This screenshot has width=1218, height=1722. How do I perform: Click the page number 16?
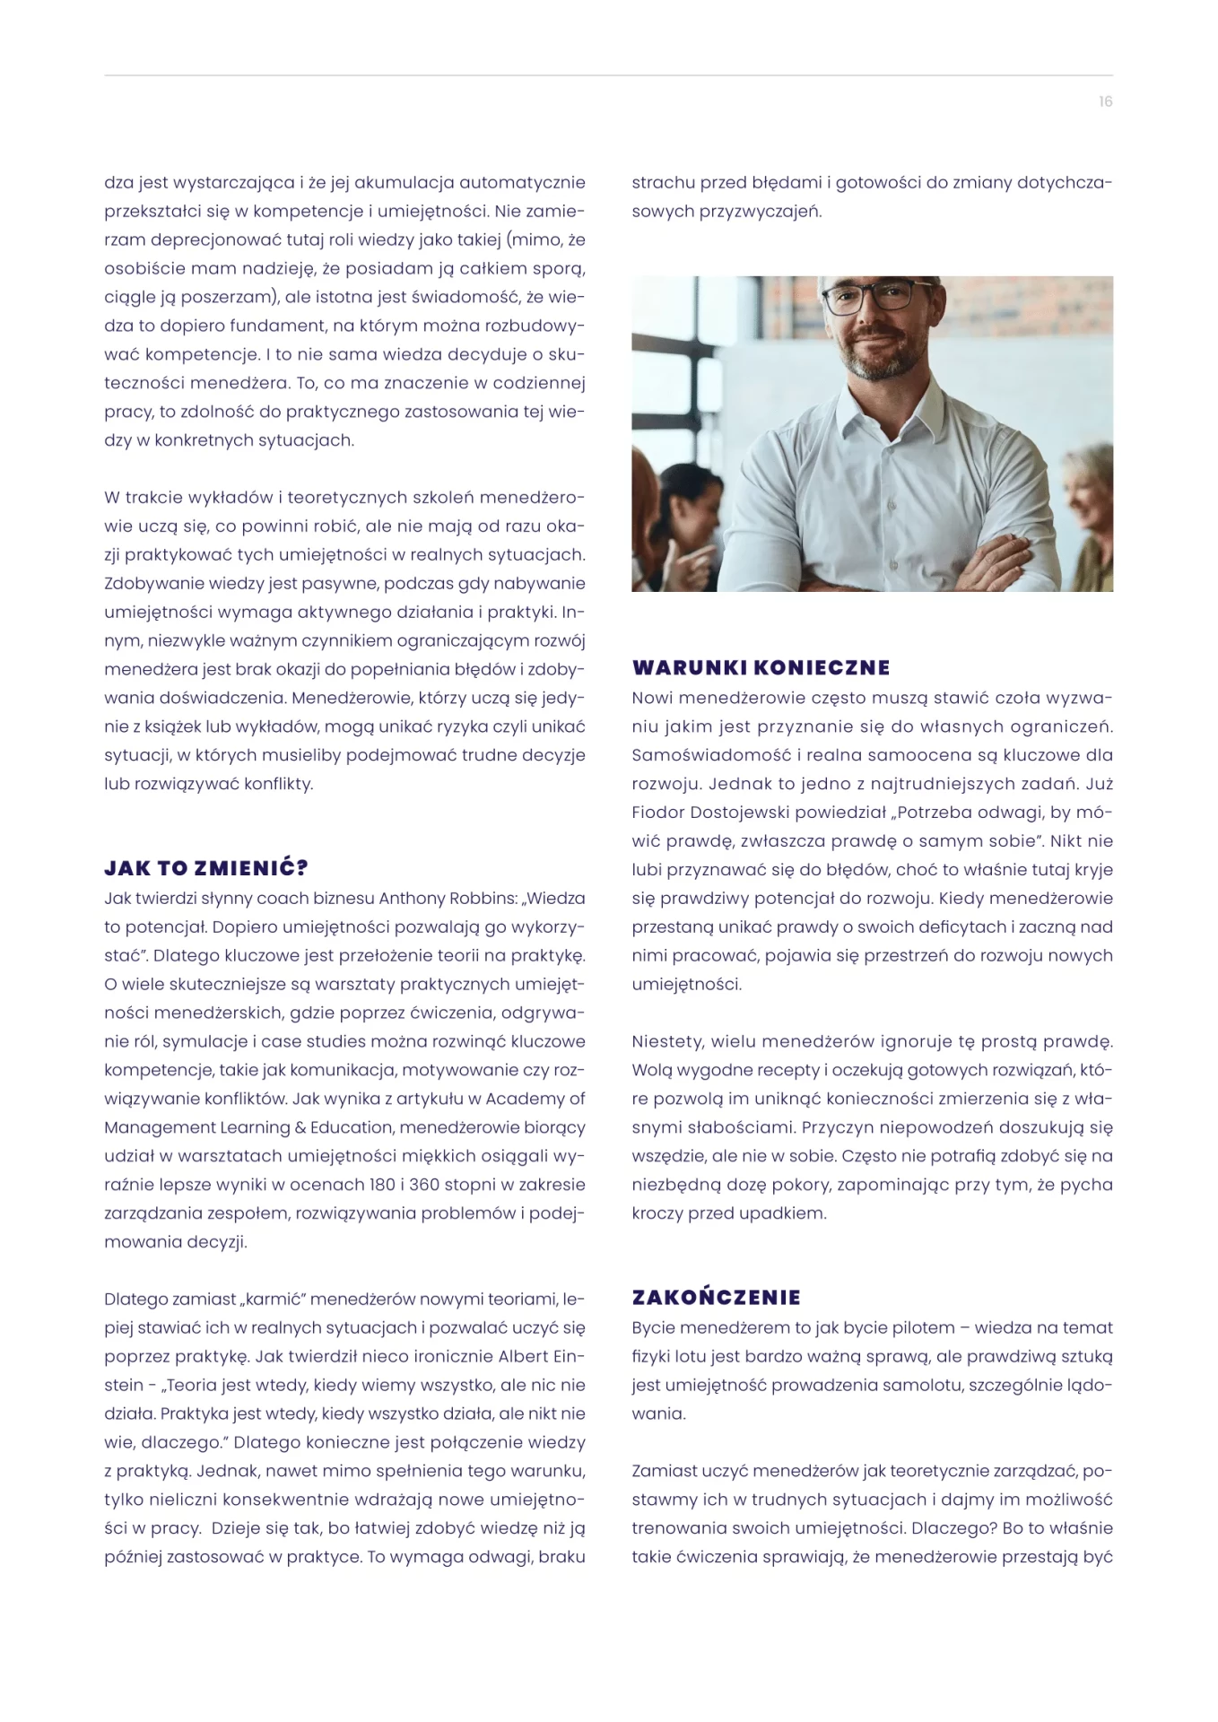pos(1105,101)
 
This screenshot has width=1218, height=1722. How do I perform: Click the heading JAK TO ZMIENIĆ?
pos(206,868)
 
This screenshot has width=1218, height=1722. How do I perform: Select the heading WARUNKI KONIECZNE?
pos(761,667)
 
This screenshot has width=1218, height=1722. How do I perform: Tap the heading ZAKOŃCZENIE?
pos(716,1297)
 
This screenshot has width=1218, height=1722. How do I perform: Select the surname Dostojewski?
pos(753,813)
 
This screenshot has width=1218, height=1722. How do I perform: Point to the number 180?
pos(382,1185)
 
